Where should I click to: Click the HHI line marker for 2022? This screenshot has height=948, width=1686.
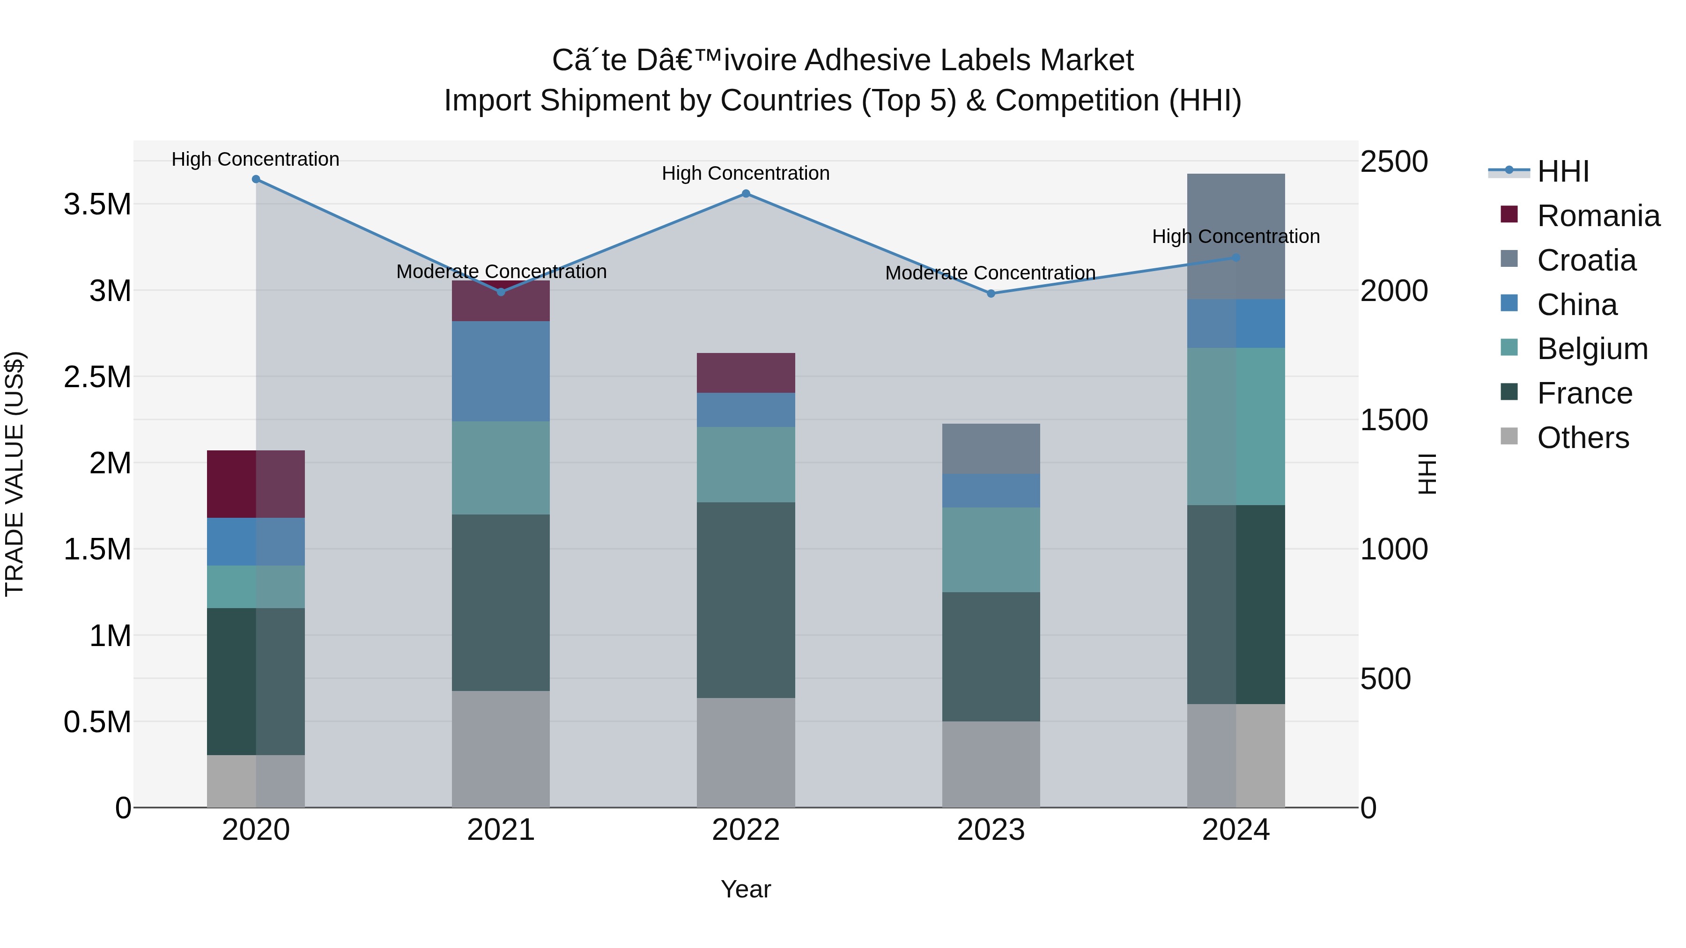(x=746, y=194)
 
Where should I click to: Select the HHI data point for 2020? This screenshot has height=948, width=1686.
(x=256, y=179)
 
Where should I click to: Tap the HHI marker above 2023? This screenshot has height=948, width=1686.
(x=991, y=294)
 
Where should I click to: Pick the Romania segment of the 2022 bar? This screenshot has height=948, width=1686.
(x=746, y=373)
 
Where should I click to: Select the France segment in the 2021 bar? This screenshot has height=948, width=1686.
(x=501, y=602)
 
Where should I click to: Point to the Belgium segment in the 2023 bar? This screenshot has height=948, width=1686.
(x=991, y=550)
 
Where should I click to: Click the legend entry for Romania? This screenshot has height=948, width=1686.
(x=1597, y=216)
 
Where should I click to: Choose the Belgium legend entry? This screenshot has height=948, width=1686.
(x=1592, y=349)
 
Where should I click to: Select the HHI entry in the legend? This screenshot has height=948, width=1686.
(x=1562, y=171)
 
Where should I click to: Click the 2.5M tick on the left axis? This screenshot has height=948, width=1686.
(x=97, y=377)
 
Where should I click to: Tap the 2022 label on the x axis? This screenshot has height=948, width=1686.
(x=746, y=830)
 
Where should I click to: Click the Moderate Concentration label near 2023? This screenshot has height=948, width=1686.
(x=990, y=273)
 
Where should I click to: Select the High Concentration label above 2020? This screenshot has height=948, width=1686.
(x=255, y=159)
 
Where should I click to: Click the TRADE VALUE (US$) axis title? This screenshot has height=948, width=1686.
(x=15, y=474)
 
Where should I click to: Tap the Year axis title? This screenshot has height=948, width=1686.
(x=746, y=890)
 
